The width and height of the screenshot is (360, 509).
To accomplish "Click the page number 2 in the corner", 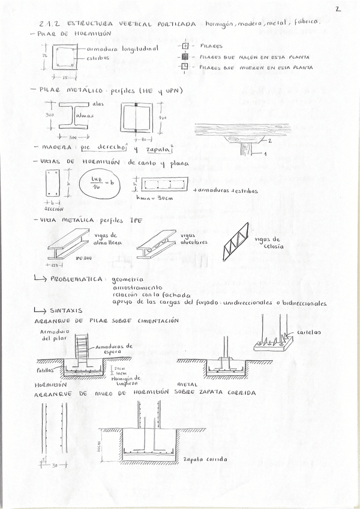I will (x=338, y=9).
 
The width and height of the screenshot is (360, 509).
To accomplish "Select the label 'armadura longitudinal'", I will (x=122, y=49).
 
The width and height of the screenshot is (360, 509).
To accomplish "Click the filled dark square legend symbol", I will (x=186, y=56).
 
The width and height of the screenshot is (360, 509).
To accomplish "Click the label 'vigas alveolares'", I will (x=193, y=239).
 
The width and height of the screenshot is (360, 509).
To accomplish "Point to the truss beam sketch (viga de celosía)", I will (x=235, y=243).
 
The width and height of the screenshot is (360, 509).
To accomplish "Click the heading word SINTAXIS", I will (x=67, y=310).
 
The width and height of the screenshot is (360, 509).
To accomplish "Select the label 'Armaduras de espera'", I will (x=116, y=348).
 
